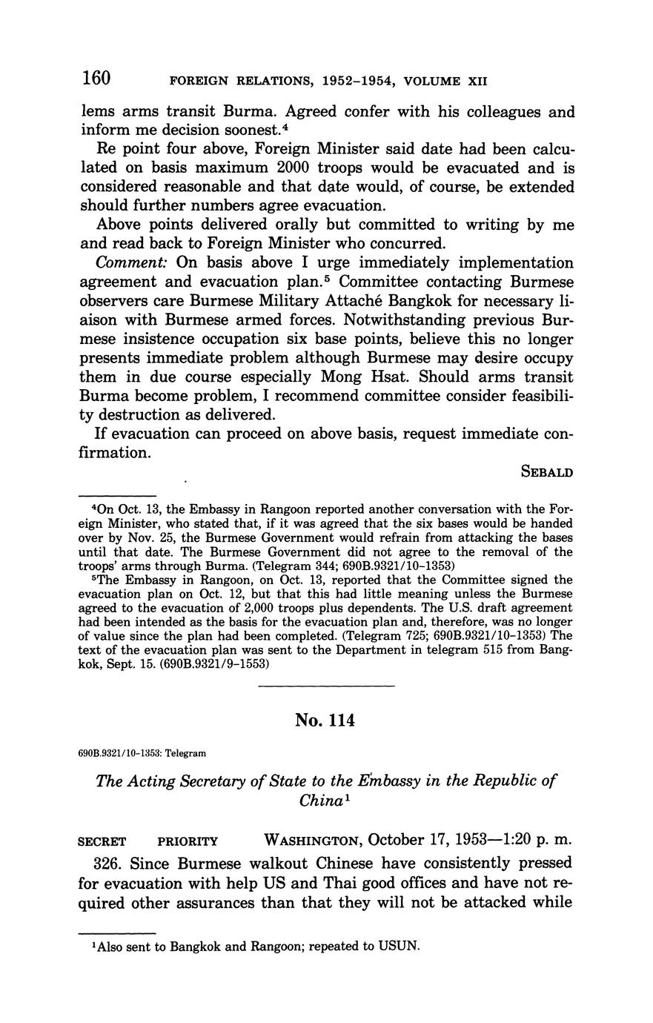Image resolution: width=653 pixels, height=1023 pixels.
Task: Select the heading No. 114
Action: pyautogui.click(x=325, y=720)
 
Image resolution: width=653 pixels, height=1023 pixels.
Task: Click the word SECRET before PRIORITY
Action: pyautogui.click(x=102, y=841)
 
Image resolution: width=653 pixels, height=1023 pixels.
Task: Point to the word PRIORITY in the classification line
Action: pyautogui.click(x=188, y=841)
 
